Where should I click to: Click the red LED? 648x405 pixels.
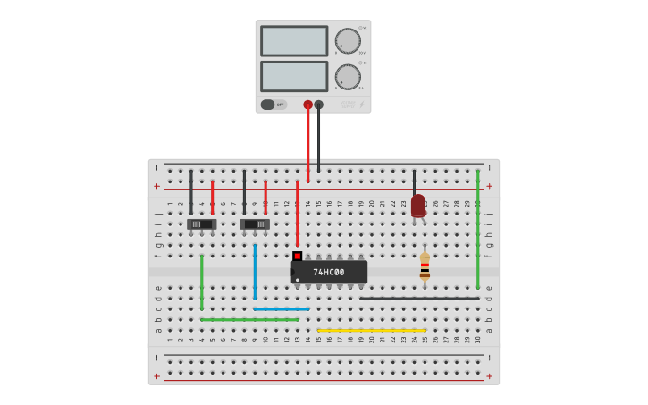(418, 205)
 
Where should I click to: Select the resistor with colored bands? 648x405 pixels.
(425, 267)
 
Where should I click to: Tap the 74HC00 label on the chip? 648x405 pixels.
(329, 272)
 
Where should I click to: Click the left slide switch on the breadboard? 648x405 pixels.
(202, 224)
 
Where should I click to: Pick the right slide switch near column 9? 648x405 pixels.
(255, 224)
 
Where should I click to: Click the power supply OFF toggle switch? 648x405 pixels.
(273, 105)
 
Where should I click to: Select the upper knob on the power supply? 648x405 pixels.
(348, 41)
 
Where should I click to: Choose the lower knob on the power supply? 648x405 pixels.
(348, 77)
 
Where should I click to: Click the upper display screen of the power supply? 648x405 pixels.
(294, 41)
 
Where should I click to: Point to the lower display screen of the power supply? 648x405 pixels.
(294, 76)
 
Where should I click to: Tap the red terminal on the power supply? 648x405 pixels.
(307, 105)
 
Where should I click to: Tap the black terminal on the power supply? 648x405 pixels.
(318, 105)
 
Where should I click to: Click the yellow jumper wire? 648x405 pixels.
(371, 330)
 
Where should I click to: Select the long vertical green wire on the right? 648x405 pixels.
(477, 232)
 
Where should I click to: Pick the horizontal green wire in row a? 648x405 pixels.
(249, 319)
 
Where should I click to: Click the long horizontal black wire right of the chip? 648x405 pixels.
(420, 298)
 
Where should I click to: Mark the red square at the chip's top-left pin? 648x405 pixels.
(297, 256)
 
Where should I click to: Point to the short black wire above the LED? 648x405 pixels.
(414, 181)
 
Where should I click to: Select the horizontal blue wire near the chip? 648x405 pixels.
(282, 308)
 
